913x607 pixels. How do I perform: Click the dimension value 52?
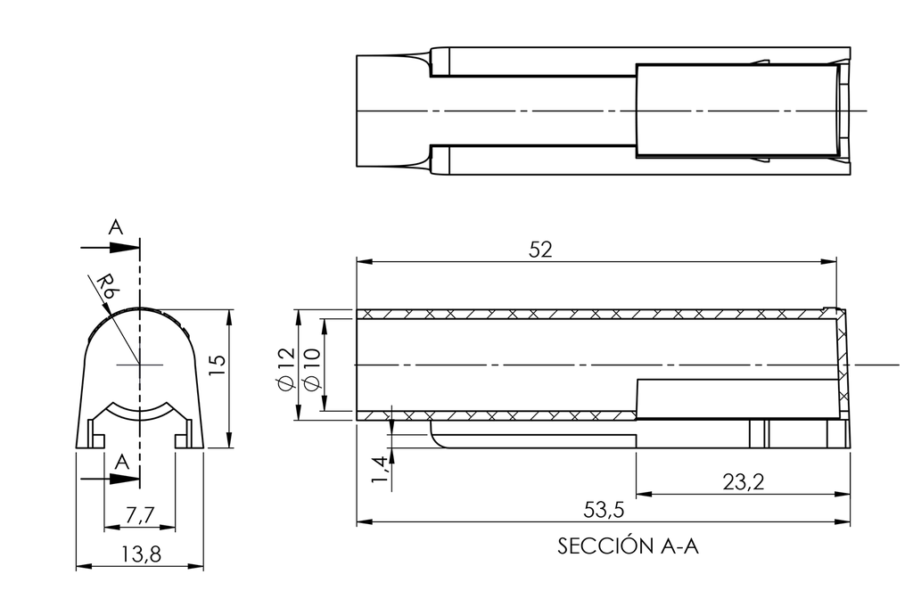click(x=540, y=250)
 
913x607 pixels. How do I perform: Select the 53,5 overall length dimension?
click(x=603, y=510)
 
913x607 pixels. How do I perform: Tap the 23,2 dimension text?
click(x=743, y=482)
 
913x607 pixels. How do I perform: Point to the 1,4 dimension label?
click(x=379, y=470)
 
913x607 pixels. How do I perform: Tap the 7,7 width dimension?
click(x=140, y=516)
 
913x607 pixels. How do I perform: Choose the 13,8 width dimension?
click(x=140, y=554)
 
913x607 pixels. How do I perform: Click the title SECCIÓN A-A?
click(x=628, y=546)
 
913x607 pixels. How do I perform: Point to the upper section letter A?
click(x=115, y=227)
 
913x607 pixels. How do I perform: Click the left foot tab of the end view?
click(x=95, y=439)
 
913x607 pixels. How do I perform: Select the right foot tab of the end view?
click(x=183, y=439)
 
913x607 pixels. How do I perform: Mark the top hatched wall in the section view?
click(x=588, y=315)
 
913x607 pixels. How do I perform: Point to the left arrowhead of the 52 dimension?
click(x=363, y=261)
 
